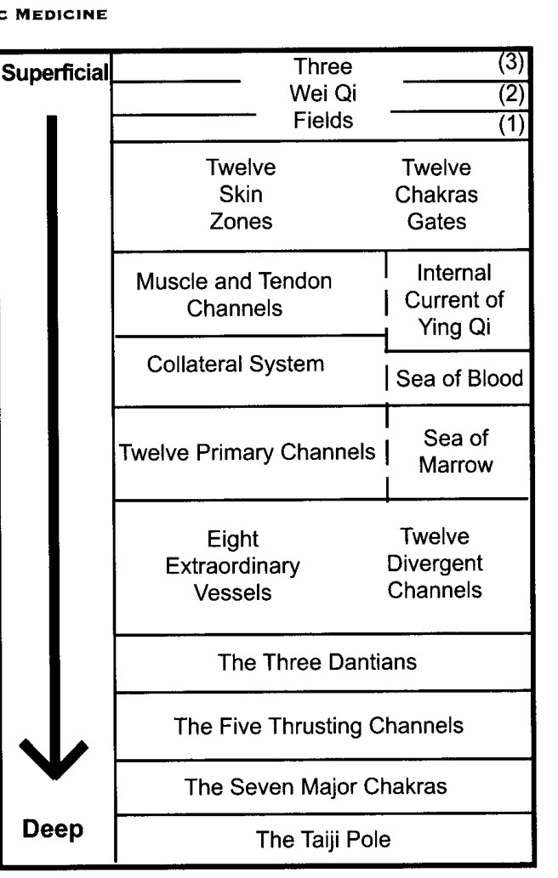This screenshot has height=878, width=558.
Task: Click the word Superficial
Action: pyautogui.click(x=55, y=73)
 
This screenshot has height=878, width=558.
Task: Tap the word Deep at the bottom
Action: pyautogui.click(x=53, y=830)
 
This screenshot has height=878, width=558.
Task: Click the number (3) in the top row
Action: pyautogui.click(x=511, y=63)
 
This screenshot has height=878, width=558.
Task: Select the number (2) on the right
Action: pyautogui.click(x=511, y=94)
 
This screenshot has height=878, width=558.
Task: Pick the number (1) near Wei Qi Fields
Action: pyautogui.click(x=511, y=124)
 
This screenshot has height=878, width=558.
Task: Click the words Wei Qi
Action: pyautogui.click(x=323, y=93)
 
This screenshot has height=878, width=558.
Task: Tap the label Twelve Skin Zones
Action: pyautogui.click(x=241, y=195)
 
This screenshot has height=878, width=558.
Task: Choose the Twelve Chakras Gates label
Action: pyautogui.click(x=436, y=195)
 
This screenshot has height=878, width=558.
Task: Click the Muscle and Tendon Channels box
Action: pyautogui.click(x=250, y=295)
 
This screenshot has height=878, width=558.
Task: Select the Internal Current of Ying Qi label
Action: pyautogui.click(x=454, y=300)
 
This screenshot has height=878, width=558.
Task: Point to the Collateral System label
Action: pyautogui.click(x=236, y=364)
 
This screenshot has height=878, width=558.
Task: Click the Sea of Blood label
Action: pyautogui.click(x=459, y=378)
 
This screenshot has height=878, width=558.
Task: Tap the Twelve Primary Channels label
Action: pyautogui.click(x=247, y=452)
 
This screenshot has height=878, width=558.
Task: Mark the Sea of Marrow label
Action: pyautogui.click(x=456, y=451)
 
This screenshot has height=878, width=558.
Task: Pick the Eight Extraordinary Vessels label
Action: pyautogui.click(x=232, y=565)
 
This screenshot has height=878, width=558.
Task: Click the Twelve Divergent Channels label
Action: pyautogui.click(x=435, y=564)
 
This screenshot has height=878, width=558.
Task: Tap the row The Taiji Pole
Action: pyautogui.click(x=322, y=839)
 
